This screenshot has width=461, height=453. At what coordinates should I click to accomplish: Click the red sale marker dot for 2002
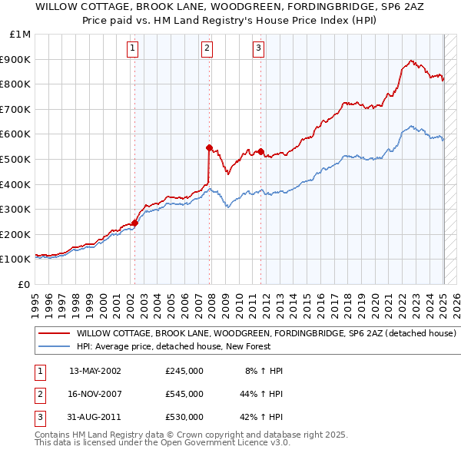134,223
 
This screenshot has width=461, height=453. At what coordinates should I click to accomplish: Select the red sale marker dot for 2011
260,151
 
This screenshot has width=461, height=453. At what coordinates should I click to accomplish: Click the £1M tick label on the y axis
21,35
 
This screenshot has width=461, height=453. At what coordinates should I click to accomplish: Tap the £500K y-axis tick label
17,159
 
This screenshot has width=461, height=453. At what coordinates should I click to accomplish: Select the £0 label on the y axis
24,284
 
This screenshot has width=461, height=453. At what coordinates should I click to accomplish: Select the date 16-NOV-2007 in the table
95,394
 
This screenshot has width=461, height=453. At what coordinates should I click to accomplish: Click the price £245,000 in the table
184,371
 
